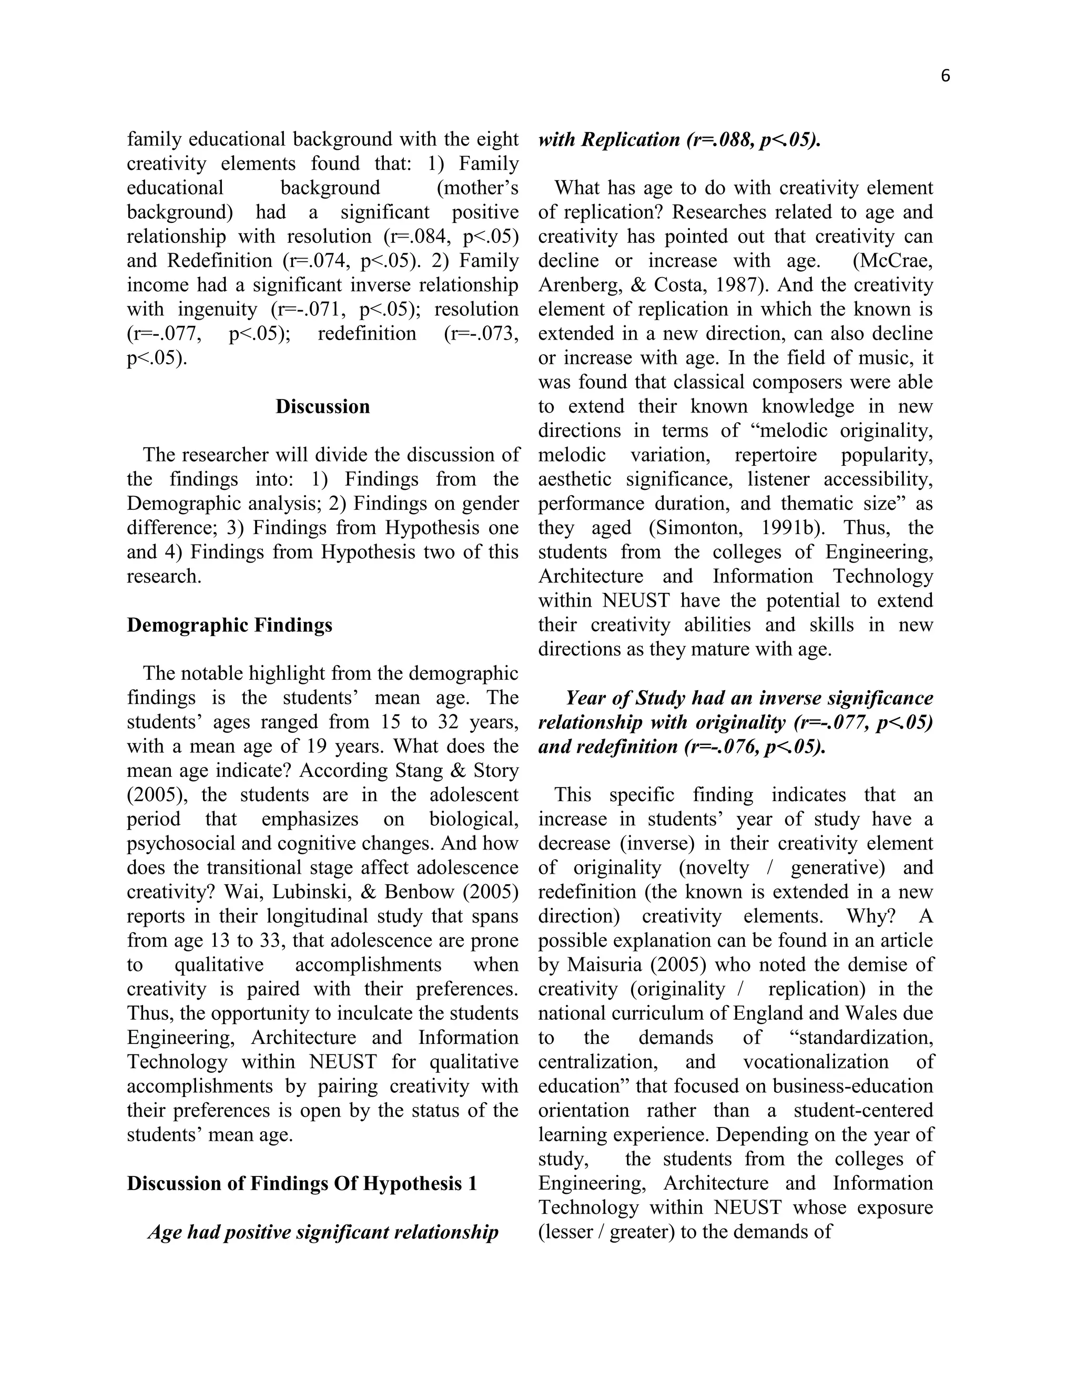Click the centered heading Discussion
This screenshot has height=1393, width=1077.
[322, 407]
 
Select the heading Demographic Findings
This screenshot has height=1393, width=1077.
[229, 625]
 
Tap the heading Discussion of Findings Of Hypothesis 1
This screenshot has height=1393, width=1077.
[301, 1184]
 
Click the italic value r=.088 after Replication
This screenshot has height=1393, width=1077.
[720, 140]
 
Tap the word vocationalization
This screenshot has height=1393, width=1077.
[816, 1062]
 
